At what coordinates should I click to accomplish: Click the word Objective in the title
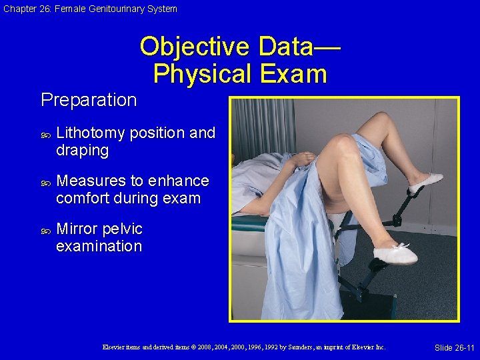(193, 47)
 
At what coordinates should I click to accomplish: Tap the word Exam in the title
(293, 73)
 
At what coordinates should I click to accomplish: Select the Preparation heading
(89, 100)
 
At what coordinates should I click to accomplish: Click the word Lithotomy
(91, 133)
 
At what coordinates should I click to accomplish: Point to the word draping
(82, 151)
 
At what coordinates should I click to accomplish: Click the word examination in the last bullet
(99, 247)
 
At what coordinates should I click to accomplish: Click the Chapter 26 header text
(89, 9)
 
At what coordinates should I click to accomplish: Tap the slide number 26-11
(454, 348)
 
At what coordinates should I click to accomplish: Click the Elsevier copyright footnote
(243, 347)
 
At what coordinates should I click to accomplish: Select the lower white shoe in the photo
(395, 253)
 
